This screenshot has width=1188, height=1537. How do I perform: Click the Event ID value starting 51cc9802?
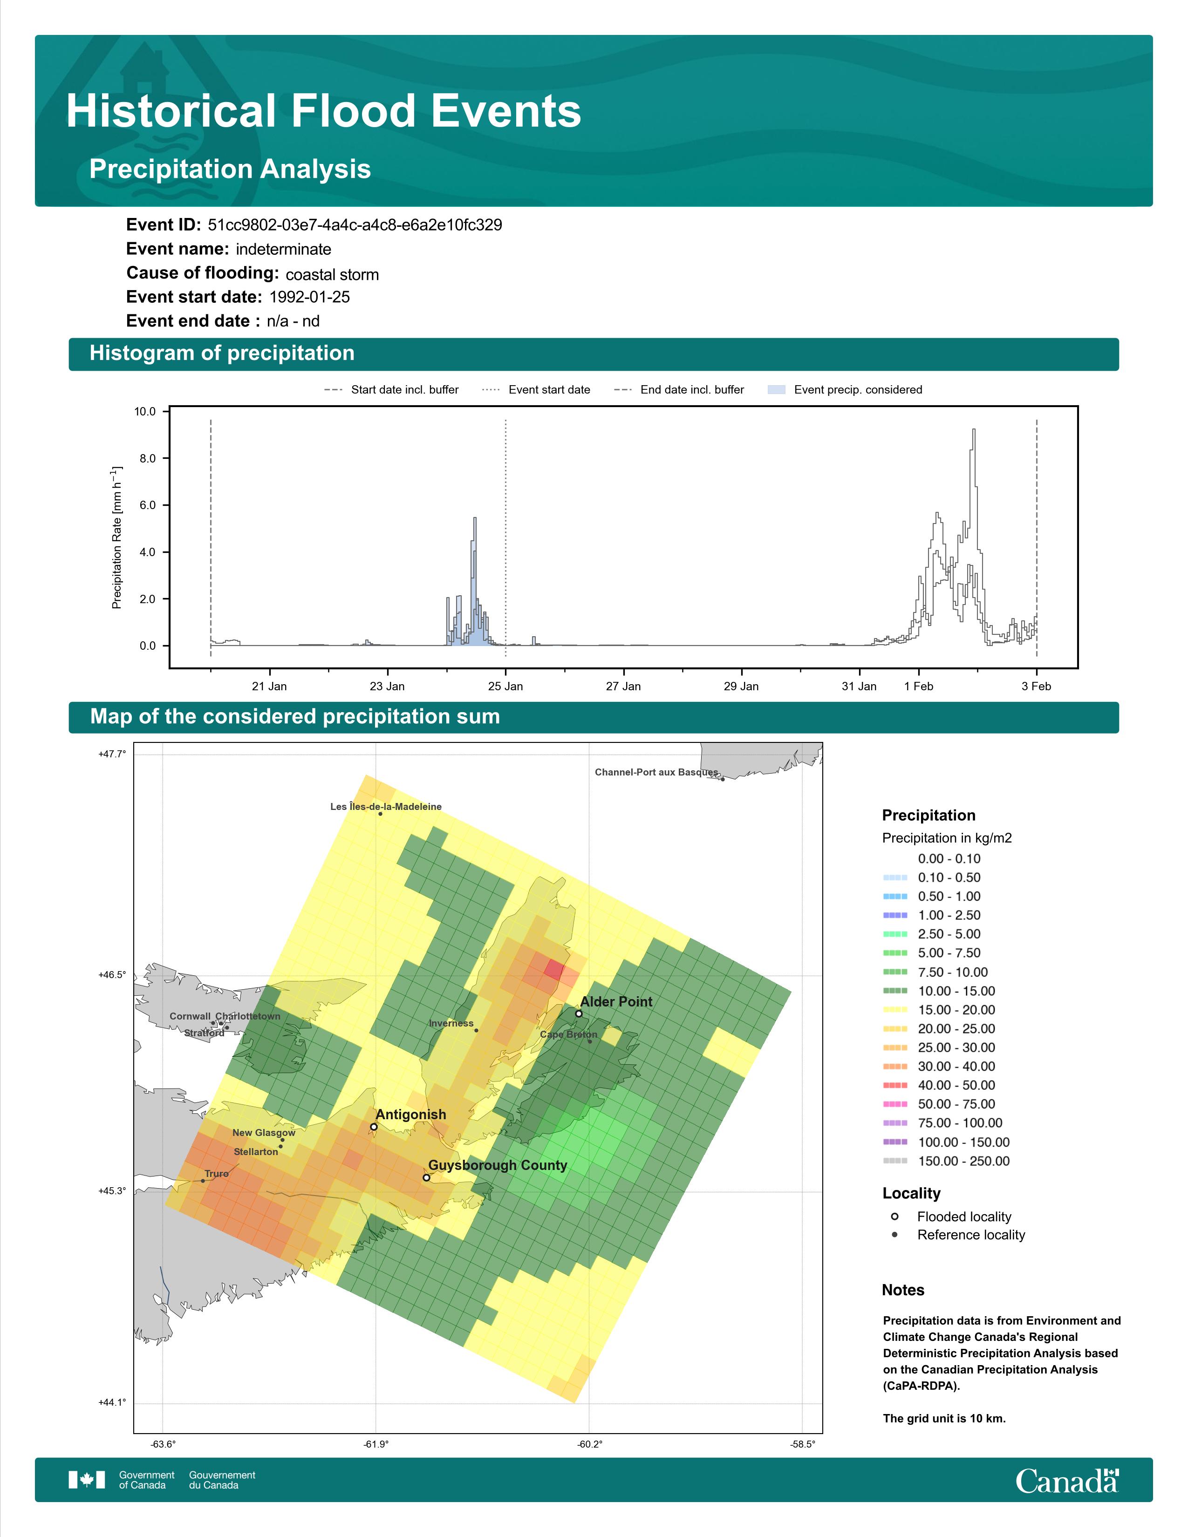pyautogui.click(x=355, y=225)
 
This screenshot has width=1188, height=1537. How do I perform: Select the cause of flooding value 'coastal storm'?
pyautogui.click(x=332, y=274)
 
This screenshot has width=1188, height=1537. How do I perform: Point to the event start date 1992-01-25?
pyautogui.click(x=310, y=297)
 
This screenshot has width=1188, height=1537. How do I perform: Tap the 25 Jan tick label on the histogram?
pyautogui.click(x=505, y=686)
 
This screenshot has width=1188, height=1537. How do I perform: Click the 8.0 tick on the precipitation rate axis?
pyautogui.click(x=146, y=458)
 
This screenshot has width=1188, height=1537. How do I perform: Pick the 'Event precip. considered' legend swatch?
pyautogui.click(x=776, y=390)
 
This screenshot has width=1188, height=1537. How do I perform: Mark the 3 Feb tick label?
pyautogui.click(x=1036, y=686)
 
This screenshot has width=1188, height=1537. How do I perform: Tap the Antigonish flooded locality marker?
pyautogui.click(x=374, y=1127)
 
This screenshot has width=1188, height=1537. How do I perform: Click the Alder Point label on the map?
pyautogui.click(x=616, y=1001)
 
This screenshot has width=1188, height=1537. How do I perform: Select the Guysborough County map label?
pyautogui.click(x=498, y=1165)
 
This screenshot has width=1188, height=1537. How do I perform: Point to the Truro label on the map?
pyautogui.click(x=217, y=1174)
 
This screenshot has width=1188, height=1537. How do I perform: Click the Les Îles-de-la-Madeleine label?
pyautogui.click(x=386, y=807)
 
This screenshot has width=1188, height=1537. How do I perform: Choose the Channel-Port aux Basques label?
pyautogui.click(x=656, y=772)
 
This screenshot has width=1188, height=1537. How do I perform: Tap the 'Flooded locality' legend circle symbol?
pyautogui.click(x=894, y=1216)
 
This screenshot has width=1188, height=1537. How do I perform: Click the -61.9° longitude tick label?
pyautogui.click(x=376, y=1445)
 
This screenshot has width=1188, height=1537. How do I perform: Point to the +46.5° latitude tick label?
pyautogui.click(x=112, y=975)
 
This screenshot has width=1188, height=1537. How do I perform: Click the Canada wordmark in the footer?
pyautogui.click(x=1067, y=1481)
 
